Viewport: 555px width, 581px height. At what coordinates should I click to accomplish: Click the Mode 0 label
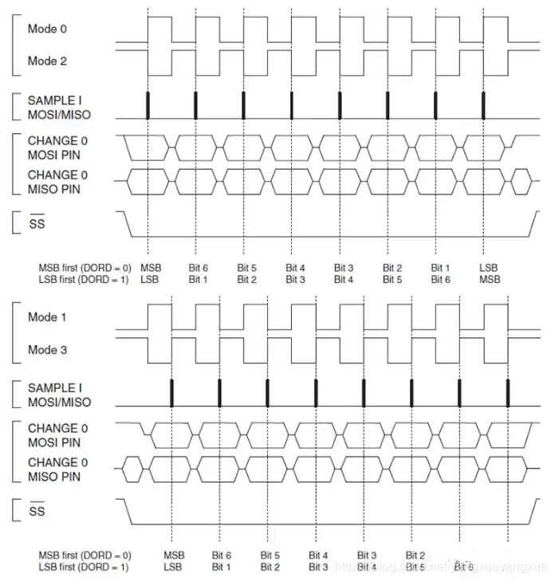point(42,29)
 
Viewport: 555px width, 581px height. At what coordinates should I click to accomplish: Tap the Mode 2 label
point(42,61)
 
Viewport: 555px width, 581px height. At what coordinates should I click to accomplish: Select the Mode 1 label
point(42,317)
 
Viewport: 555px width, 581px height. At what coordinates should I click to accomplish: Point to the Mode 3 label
point(42,350)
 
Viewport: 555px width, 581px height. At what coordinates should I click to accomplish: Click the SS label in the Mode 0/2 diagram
point(37,225)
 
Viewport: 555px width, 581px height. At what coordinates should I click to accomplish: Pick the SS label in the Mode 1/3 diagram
point(37,512)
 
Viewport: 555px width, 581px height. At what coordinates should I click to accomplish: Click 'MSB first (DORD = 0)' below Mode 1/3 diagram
point(85,555)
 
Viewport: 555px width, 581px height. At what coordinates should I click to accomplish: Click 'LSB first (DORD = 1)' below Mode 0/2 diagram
point(85,280)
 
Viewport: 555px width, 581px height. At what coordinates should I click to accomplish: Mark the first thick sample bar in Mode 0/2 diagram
point(148,104)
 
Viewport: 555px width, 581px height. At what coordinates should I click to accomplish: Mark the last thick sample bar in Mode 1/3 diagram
point(508,393)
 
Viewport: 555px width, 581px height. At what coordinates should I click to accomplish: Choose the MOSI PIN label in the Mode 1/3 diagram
point(53,442)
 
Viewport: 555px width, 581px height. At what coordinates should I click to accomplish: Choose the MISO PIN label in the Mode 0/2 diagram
point(53,189)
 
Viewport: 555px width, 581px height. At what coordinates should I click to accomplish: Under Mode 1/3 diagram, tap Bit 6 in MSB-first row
point(221,555)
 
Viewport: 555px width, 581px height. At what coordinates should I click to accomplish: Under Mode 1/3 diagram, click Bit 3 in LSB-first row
point(318,567)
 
